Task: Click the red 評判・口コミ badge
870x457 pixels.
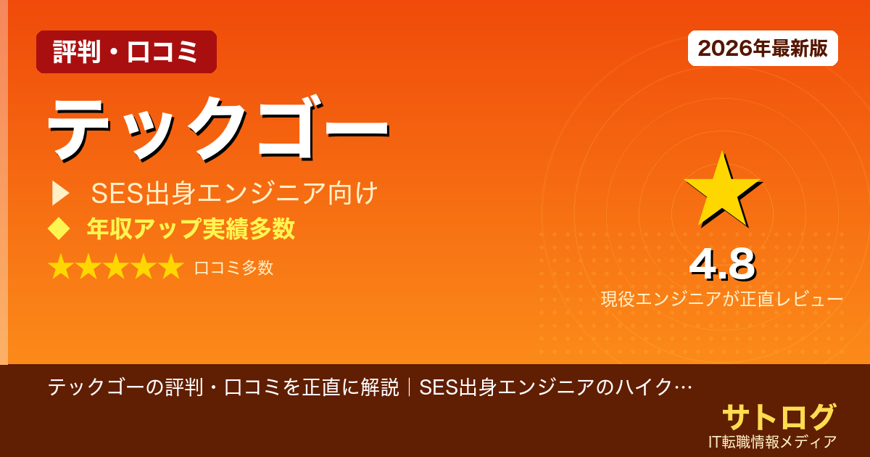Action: pos(126,52)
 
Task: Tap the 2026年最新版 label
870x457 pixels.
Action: pos(763,49)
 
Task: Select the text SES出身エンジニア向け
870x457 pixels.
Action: pos(234,194)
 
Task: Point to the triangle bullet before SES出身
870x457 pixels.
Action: pos(60,194)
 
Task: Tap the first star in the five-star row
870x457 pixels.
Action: pos(61,268)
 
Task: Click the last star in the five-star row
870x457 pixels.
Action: pos(171,268)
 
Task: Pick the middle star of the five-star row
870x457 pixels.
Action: pos(116,268)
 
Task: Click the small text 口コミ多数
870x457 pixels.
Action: pos(233,268)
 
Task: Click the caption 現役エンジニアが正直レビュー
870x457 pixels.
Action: pos(722,299)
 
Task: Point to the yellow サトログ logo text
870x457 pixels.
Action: pos(779,417)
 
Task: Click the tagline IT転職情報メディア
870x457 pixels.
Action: pos(773,441)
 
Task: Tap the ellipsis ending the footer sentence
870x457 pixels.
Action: pos(682,387)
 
